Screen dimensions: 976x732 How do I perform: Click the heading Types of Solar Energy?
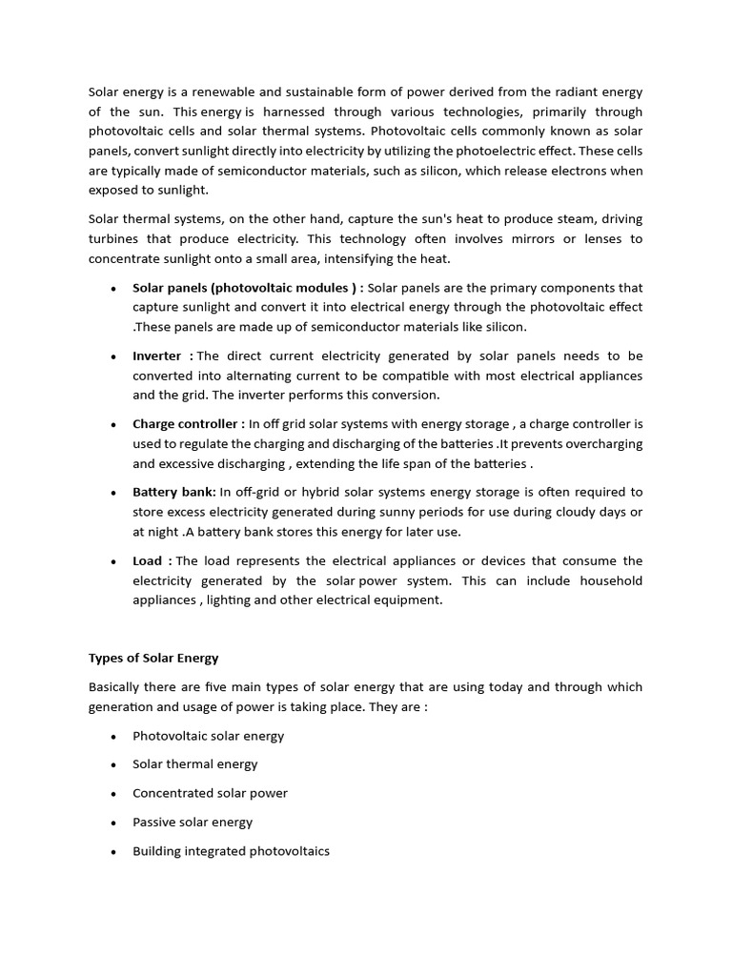click(x=153, y=658)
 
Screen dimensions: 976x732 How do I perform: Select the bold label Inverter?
click(x=158, y=356)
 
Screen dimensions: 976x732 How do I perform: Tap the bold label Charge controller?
click(x=188, y=424)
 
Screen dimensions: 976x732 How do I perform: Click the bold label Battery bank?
click(x=173, y=492)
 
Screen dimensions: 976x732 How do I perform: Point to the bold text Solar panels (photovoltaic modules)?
click(x=244, y=287)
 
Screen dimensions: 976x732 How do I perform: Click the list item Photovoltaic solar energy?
click(x=208, y=736)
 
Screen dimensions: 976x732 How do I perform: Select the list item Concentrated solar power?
click(x=210, y=793)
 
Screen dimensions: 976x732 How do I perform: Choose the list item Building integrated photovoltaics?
click(x=231, y=851)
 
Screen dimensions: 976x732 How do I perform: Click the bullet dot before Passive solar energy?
click(x=113, y=823)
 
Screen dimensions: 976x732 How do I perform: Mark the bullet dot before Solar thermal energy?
click(x=113, y=765)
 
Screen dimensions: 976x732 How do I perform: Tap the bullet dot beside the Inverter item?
click(x=113, y=356)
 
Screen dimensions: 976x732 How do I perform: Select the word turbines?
click(x=114, y=238)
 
